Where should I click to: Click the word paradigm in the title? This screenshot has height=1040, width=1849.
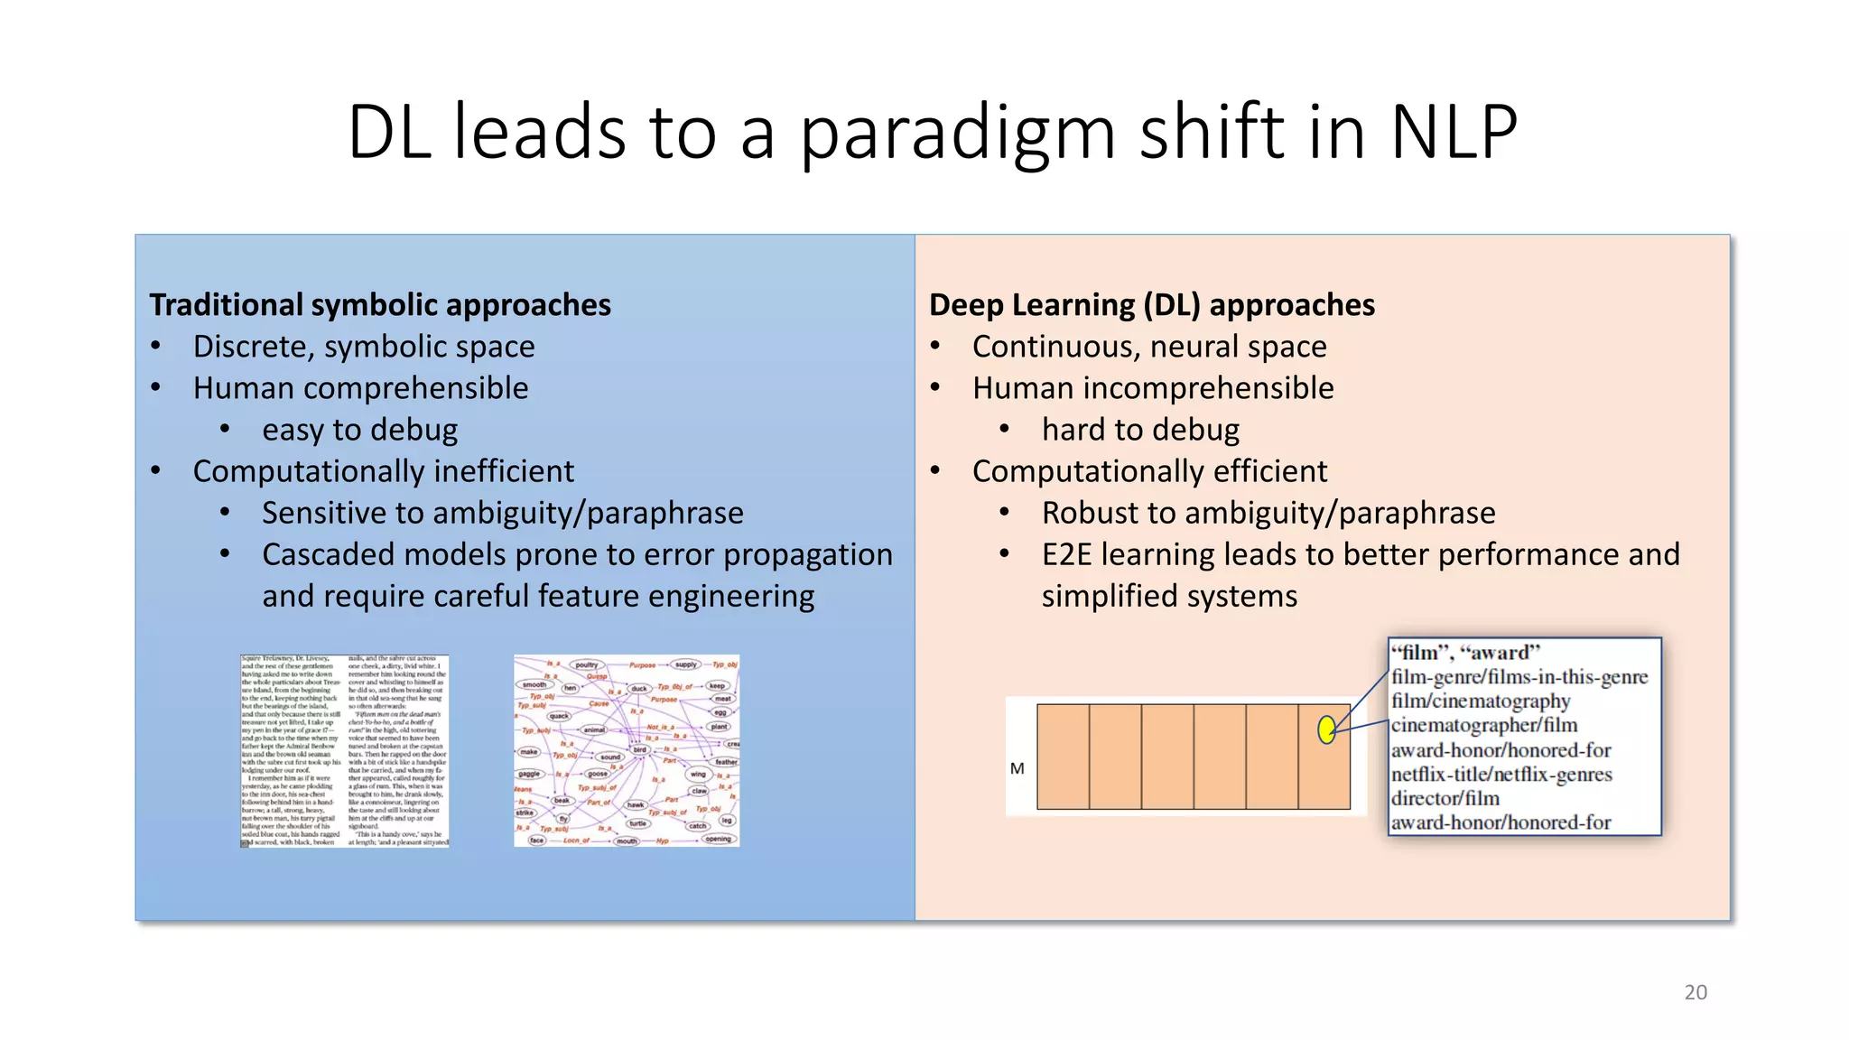click(x=957, y=134)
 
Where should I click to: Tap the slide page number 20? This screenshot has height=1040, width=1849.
click(x=1696, y=992)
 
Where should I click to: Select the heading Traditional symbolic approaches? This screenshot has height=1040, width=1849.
click(x=380, y=305)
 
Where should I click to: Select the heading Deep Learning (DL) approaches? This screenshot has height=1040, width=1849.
click(x=1151, y=305)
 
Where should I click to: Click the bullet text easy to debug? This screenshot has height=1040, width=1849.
click(x=359, y=430)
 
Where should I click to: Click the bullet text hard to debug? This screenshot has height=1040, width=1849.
click(x=1140, y=430)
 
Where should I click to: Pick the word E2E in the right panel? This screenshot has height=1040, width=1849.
click(x=1067, y=554)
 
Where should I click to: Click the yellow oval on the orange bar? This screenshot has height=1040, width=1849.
click(x=1326, y=729)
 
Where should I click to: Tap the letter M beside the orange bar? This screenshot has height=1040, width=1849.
click(x=1017, y=769)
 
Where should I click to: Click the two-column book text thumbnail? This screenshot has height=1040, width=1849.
click(x=344, y=751)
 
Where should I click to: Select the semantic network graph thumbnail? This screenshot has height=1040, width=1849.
click(x=627, y=751)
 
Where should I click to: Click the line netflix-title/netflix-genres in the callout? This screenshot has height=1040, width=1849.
click(x=1501, y=775)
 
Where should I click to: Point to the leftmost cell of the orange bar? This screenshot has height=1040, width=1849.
click(x=1063, y=757)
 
